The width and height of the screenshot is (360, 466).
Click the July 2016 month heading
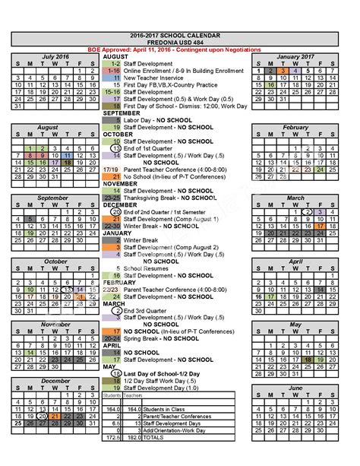coord(55,57)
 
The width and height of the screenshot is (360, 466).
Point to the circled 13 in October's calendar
coord(68,289)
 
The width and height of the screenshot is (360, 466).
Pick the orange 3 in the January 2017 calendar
coord(283,70)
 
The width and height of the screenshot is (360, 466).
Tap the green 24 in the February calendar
coord(321,170)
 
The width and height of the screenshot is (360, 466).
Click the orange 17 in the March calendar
coord(321,226)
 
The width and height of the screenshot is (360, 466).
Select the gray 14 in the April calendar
coord(321,289)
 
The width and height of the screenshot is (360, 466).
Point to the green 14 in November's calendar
coord(30,353)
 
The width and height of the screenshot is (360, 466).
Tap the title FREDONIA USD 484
coord(180,43)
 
